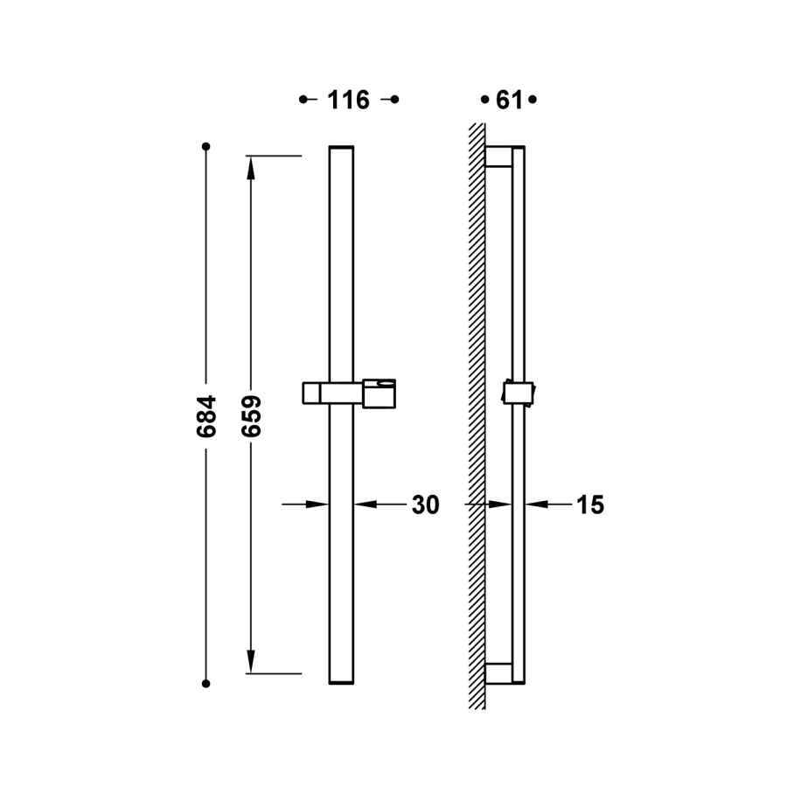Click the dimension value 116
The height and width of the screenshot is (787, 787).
348,101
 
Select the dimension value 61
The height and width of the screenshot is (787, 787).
508,101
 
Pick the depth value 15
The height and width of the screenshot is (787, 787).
590,505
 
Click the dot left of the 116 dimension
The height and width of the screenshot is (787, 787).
303,100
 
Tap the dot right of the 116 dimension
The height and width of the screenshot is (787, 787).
394,100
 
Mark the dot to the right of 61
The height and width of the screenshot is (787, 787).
533,101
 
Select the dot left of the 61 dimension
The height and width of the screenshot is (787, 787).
484,101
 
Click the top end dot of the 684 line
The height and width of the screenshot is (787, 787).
206,146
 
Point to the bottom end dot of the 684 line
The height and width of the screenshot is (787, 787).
206,683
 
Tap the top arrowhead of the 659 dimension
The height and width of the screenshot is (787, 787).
252,167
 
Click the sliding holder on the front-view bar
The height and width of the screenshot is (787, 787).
349,393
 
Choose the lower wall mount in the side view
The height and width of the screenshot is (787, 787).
498,672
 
